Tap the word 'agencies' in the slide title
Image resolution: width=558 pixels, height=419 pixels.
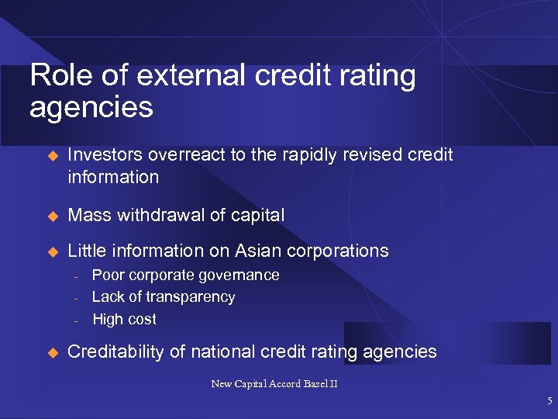point(91,107)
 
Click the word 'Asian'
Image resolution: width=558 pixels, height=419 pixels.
point(261,251)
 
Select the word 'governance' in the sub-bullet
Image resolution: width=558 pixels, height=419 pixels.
point(239,275)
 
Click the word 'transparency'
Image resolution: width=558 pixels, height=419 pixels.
point(193,296)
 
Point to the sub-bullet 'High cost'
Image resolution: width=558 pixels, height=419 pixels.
point(124,319)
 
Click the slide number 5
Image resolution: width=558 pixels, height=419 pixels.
point(549,401)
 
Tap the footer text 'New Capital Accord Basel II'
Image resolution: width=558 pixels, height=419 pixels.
point(274,383)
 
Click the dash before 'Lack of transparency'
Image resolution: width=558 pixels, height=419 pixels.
point(77,298)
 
